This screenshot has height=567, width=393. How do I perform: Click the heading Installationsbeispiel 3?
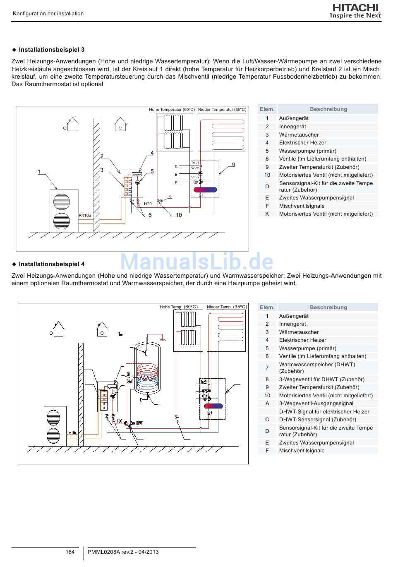[51, 50]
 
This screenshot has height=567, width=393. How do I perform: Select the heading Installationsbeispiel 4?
[51, 264]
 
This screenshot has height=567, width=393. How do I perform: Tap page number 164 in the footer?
[70, 552]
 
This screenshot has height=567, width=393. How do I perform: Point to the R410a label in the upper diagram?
[85, 216]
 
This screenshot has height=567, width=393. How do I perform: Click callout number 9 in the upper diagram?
[234, 165]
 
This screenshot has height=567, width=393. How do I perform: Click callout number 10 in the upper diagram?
[179, 215]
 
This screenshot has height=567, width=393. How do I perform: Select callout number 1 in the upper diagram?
[39, 172]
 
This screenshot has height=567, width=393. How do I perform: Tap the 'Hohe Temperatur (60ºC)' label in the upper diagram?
[172, 110]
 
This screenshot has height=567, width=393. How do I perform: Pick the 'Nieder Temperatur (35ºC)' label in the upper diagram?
[222, 110]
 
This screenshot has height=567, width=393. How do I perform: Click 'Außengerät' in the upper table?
[294, 118]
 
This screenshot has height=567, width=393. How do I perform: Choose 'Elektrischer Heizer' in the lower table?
[302, 340]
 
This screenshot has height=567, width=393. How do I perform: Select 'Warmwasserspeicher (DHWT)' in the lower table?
[317, 365]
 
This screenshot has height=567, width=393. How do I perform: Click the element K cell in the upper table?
[267, 214]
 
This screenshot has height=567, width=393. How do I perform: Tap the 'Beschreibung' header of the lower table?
[328, 308]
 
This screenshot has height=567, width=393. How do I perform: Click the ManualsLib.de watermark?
[196, 262]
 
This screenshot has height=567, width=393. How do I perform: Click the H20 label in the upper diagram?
[148, 204]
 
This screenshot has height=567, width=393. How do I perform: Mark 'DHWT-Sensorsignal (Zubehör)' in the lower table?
[317, 420]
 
